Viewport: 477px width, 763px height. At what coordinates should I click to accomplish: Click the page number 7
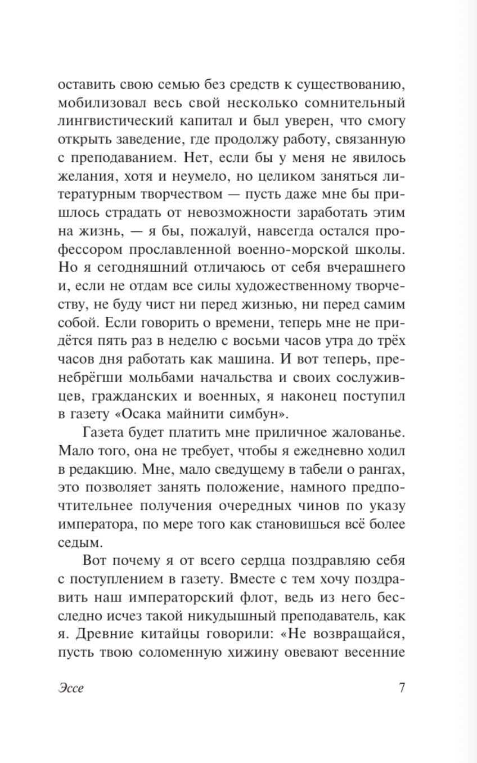[402, 688]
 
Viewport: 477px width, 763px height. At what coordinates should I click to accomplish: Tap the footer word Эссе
[70, 688]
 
